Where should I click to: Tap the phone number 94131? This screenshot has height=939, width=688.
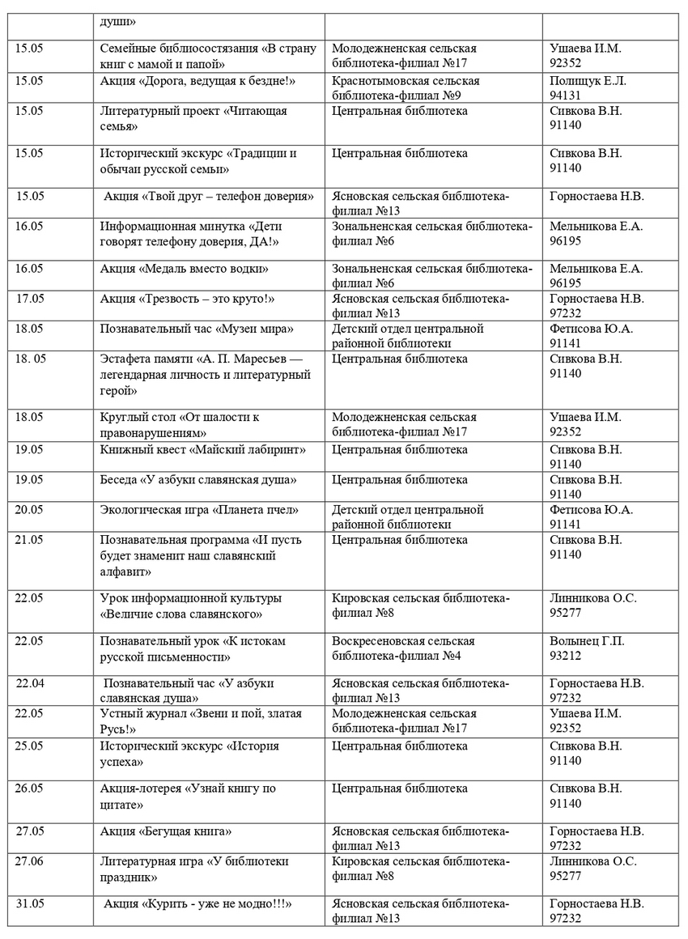(x=567, y=96)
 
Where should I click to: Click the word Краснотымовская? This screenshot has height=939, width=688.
(x=380, y=81)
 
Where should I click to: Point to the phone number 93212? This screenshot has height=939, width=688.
(x=567, y=656)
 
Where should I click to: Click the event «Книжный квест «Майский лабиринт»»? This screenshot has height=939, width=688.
(x=202, y=449)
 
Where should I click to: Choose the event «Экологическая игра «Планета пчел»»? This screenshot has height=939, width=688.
(x=200, y=510)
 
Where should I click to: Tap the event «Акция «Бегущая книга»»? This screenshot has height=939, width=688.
(x=166, y=831)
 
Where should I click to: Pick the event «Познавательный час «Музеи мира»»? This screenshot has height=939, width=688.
(x=197, y=329)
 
